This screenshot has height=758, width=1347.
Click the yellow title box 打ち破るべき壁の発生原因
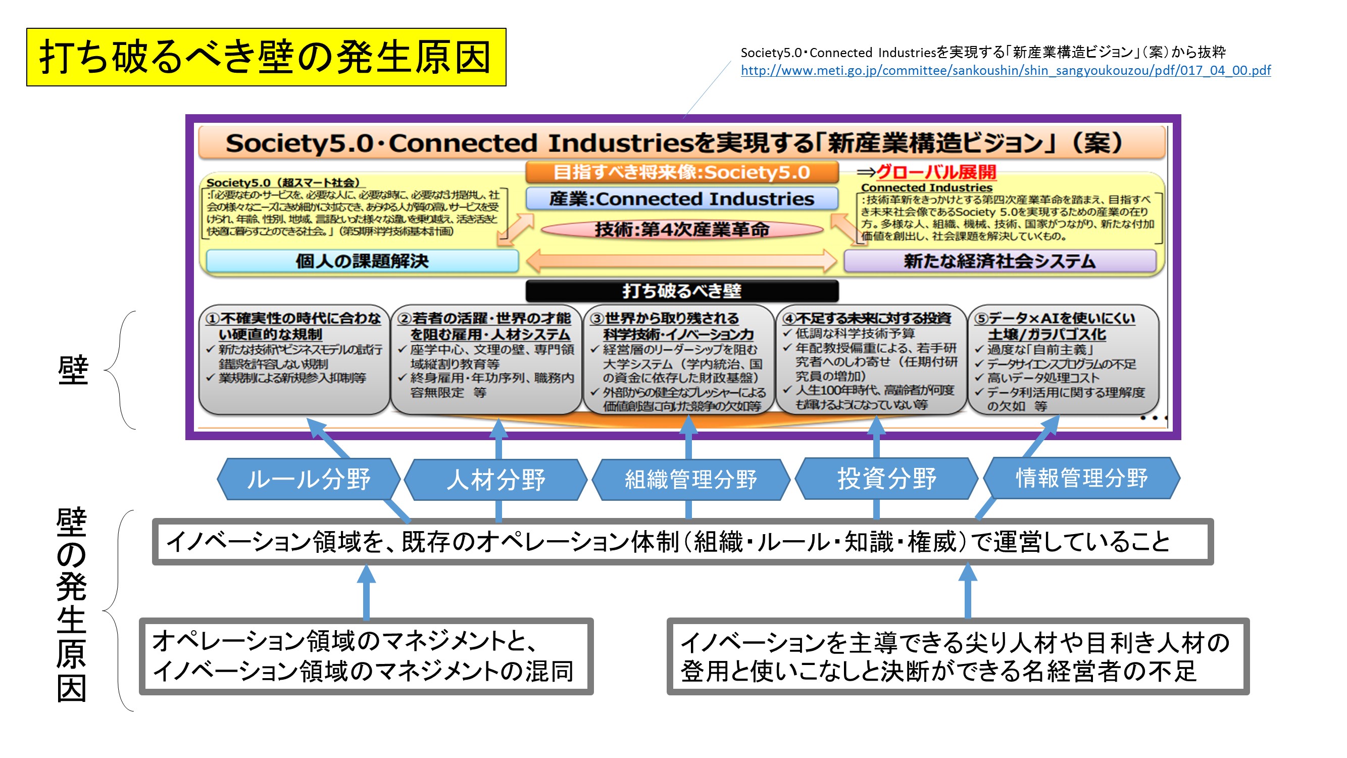pos(266,57)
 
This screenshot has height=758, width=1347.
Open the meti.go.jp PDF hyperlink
pos(1005,70)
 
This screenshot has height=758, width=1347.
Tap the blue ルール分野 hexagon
pos(309,479)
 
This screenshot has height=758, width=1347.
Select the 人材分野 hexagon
pos(495,479)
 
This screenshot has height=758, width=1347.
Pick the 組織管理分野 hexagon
pos(690,479)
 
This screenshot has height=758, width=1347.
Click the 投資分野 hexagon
pos(886,478)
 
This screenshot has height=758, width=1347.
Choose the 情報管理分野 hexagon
pos(1081,478)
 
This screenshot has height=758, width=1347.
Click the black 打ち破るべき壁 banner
pos(681,291)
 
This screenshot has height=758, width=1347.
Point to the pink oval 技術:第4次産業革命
pos(681,229)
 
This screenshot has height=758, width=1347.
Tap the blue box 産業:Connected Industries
pos(681,199)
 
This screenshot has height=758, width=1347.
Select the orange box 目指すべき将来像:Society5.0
pos(681,172)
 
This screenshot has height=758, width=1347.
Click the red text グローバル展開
pos(936,172)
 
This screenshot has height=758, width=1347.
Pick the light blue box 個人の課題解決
pos(362,261)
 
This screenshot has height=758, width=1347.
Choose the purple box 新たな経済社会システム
pos(1000,261)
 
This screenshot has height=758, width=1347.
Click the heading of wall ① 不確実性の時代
pos(294,326)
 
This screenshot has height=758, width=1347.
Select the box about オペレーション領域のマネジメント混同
pos(366,656)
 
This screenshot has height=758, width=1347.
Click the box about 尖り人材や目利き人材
pos(957,656)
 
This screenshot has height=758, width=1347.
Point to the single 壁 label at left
pos(73,370)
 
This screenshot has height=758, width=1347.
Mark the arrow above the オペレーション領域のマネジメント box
pos(366,592)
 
